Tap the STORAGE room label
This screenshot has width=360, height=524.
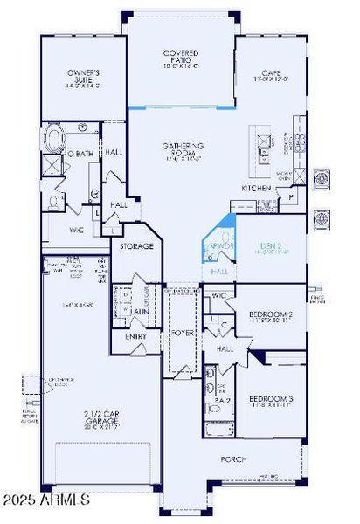point(136,246)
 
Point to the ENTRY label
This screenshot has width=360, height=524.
point(136,334)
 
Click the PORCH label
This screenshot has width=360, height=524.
point(232,459)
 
